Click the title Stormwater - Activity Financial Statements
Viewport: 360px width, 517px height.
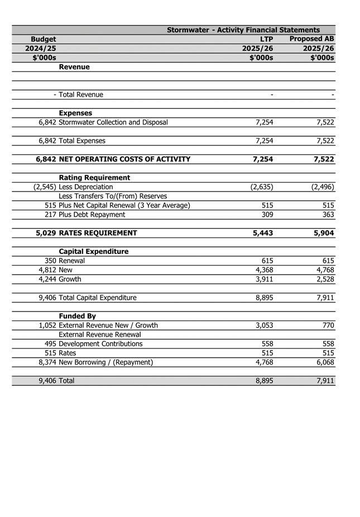[x=243, y=30]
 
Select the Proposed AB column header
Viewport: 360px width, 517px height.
[x=311, y=39]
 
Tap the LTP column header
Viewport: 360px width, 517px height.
[x=266, y=39]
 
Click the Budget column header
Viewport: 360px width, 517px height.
[x=43, y=39]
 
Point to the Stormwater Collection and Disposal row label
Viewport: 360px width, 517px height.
[x=113, y=122]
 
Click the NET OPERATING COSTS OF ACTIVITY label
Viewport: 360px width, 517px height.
[x=124, y=159]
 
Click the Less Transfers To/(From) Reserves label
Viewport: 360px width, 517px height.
[x=112, y=196]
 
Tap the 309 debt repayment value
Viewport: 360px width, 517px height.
[x=267, y=214]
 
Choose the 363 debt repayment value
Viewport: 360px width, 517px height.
[x=327, y=214]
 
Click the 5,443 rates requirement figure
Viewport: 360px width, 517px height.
[x=263, y=233]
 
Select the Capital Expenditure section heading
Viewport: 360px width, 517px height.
[x=93, y=251]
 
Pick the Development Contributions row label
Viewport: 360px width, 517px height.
[x=100, y=344]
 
